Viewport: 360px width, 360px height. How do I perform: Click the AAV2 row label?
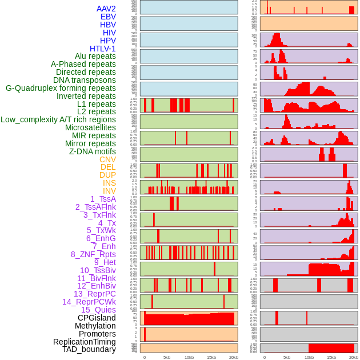[x=106, y=9]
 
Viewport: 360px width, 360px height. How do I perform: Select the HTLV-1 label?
[x=102, y=49]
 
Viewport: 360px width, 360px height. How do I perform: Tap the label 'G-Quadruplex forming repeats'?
[x=61, y=88]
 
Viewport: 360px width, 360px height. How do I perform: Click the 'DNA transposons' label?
[x=85, y=80]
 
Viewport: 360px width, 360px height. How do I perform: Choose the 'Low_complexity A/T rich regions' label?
[x=58, y=120]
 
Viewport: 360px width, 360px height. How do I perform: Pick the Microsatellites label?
[x=90, y=127]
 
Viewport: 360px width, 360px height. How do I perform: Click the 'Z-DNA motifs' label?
[x=92, y=151]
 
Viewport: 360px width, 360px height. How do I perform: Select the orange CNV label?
[x=107, y=159]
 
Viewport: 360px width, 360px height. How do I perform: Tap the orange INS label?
[x=109, y=183]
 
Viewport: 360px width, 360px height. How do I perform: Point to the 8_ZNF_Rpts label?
[x=93, y=254]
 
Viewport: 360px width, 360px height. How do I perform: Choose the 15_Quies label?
[x=98, y=310]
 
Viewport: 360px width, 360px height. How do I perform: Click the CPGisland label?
[x=97, y=318]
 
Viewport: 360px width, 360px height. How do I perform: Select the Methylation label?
[x=95, y=326]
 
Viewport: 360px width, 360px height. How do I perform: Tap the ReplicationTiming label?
[x=84, y=342]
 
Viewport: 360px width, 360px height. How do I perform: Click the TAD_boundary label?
[x=89, y=349]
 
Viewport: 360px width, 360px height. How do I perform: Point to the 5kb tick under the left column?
[x=166, y=357]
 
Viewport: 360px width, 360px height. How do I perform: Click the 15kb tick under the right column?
[x=331, y=357]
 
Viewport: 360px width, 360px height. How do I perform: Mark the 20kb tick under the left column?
[x=233, y=357]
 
